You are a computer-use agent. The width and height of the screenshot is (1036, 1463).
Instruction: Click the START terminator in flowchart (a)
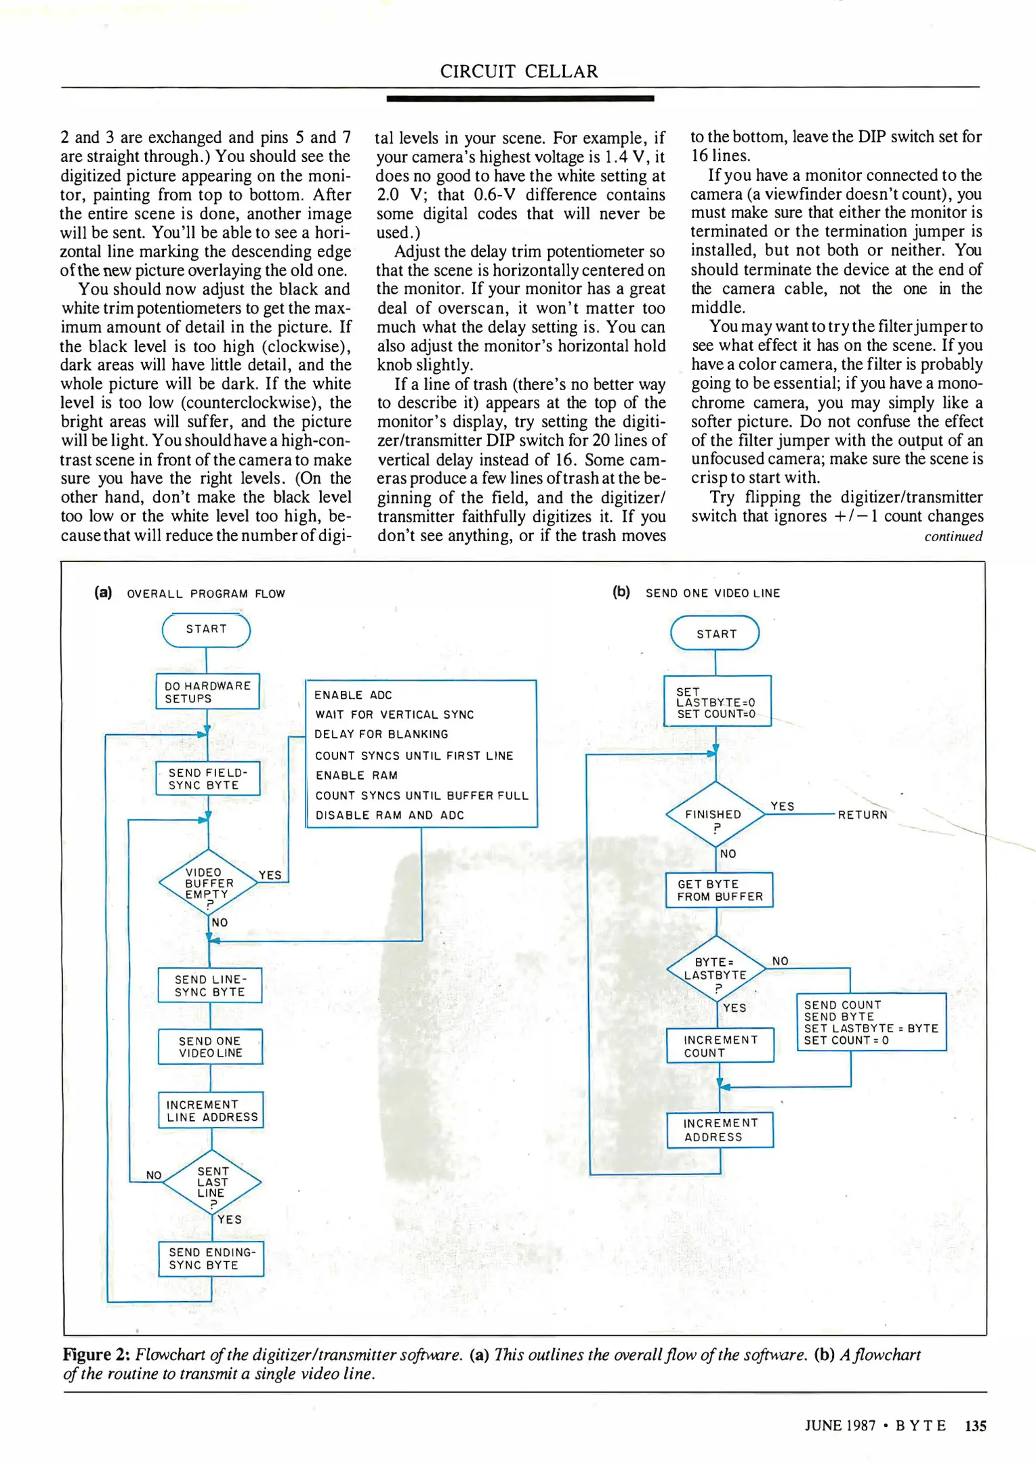206,630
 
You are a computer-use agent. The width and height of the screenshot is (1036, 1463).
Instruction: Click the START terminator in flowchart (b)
715,633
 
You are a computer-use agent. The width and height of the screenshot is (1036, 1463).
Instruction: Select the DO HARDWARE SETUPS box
207,692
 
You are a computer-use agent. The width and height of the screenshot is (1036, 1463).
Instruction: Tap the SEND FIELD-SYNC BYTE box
207,779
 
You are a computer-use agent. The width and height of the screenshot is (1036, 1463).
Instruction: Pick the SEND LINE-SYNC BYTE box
209,985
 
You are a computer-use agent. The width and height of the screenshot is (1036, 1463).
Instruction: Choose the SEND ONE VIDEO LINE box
210,1046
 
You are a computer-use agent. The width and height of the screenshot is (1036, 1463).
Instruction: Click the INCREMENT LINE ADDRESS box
211,1110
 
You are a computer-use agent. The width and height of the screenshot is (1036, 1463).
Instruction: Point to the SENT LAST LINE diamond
212,1183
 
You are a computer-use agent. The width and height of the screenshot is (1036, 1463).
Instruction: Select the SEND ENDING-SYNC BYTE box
211,1258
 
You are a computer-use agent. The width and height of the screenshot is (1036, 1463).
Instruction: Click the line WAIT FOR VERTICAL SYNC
394,715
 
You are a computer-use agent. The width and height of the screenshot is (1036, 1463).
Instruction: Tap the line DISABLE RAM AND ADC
390,815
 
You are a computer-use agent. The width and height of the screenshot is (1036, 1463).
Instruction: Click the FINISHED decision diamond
715,815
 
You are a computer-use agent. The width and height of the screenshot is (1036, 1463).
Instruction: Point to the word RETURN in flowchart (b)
863,815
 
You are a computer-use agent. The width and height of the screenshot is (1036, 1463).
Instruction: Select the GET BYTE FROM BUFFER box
719,890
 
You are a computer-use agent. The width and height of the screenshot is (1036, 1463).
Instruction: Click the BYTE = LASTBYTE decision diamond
716,970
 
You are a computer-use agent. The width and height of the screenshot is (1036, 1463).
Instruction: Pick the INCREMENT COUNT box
720,1046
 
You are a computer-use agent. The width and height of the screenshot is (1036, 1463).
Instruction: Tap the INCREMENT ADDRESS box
720,1130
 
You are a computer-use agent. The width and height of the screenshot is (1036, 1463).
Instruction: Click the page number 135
975,1426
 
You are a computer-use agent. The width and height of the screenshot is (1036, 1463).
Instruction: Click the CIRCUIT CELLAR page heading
519,71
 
